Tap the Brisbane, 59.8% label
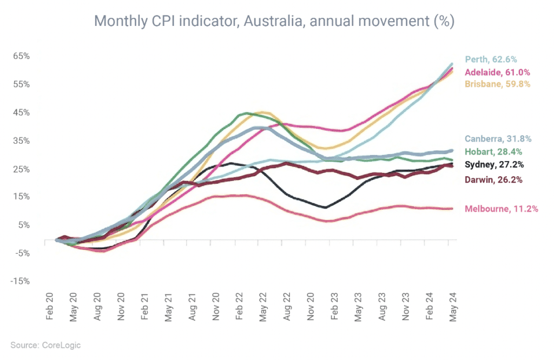click(x=497, y=84)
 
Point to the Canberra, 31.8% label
click(x=498, y=139)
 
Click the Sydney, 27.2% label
click(x=493, y=164)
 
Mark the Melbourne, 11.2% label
click(x=501, y=209)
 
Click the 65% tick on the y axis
click(x=22, y=56)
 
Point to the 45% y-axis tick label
click(x=22, y=112)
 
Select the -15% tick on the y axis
click(x=21, y=281)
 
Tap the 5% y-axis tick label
click(x=24, y=225)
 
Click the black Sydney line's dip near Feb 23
click(x=325, y=207)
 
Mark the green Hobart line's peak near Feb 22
click(x=246, y=113)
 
